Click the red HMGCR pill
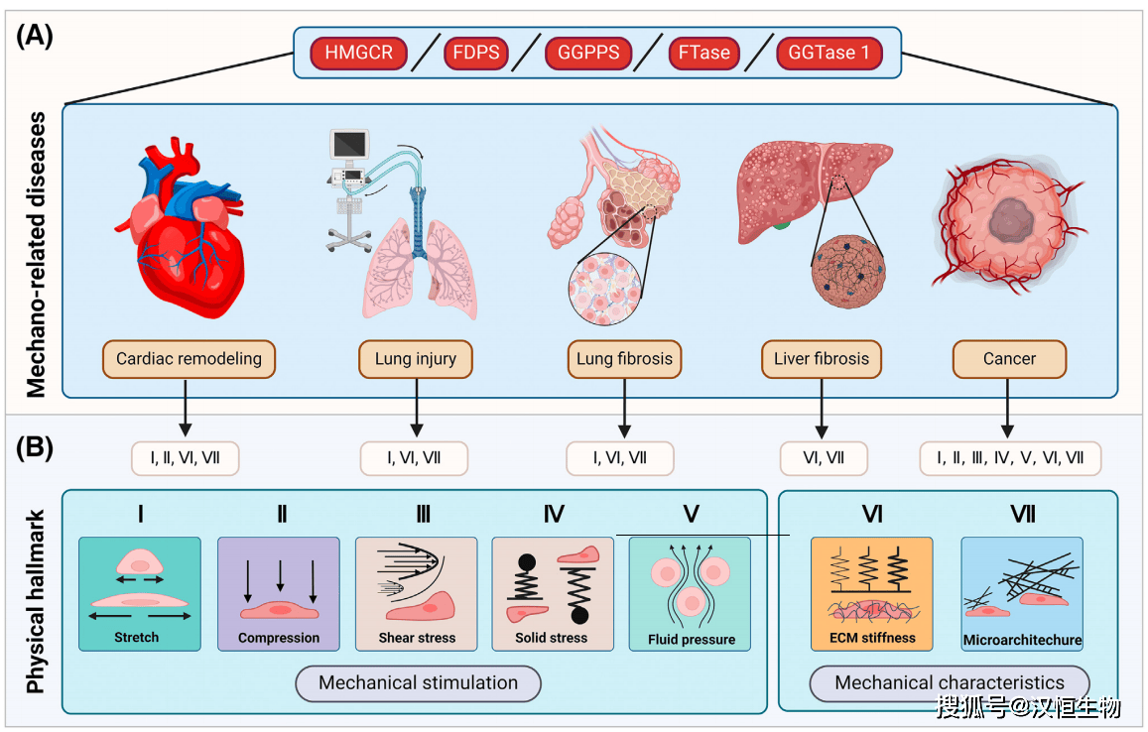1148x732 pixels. pyautogui.click(x=358, y=53)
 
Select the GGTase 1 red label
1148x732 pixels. pyautogui.click(x=829, y=53)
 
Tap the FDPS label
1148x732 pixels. pyautogui.click(x=477, y=53)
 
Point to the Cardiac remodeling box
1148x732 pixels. pyautogui.click(x=189, y=359)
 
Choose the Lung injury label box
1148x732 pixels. pyautogui.click(x=416, y=359)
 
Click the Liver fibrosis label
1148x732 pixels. pyautogui.click(x=822, y=359)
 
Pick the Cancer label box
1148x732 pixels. pyautogui.click(x=1009, y=359)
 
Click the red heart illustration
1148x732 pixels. pyautogui.click(x=189, y=238)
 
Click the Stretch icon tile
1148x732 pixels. pyautogui.click(x=139, y=593)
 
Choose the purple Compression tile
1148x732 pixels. pyautogui.click(x=279, y=593)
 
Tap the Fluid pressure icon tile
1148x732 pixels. pyautogui.click(x=690, y=593)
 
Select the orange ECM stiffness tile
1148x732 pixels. pyautogui.click(x=872, y=593)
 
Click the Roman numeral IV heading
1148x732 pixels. pyautogui.click(x=554, y=514)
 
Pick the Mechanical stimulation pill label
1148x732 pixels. pyautogui.click(x=418, y=682)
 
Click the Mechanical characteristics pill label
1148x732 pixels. pyautogui.click(x=949, y=682)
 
